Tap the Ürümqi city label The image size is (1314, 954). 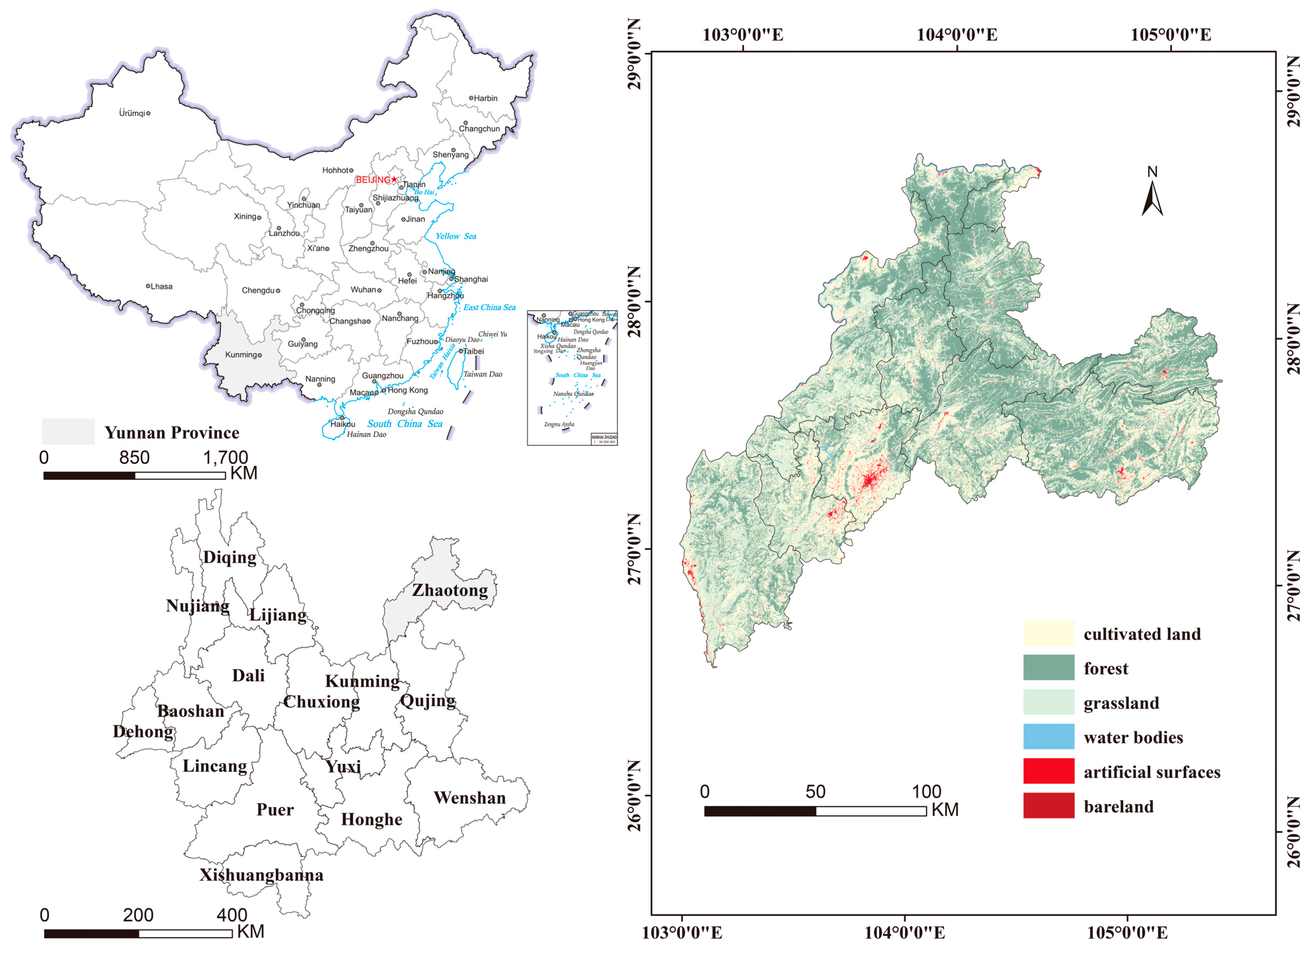[132, 113]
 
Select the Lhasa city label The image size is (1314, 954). [161, 287]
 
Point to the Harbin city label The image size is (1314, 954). [485, 98]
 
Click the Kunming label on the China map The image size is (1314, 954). [241, 355]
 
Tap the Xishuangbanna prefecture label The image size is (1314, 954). [261, 875]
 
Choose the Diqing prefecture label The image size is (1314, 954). [229, 557]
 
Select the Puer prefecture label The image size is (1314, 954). [275, 810]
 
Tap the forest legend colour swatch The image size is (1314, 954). [1048, 668]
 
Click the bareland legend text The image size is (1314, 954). [1118, 807]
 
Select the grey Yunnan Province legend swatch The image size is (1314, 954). [68, 432]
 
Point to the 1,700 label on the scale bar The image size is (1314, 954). [226, 458]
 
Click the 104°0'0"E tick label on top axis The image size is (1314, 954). [957, 35]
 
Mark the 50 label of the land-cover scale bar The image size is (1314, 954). [815, 792]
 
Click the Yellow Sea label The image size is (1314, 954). [455, 236]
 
